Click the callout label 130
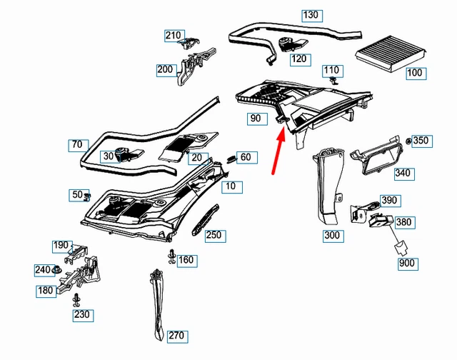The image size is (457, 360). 311,15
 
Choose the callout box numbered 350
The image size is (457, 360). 421,141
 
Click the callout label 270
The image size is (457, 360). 176,335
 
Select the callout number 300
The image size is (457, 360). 333,236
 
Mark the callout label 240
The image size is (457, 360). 43,270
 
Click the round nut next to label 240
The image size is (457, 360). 57,270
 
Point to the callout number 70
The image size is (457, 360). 78,145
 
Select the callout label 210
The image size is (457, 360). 174,35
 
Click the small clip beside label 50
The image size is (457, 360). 89,195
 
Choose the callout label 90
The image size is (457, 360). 255,118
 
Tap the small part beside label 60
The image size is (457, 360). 231,157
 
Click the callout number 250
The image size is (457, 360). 214,235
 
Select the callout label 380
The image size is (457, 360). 404,222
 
